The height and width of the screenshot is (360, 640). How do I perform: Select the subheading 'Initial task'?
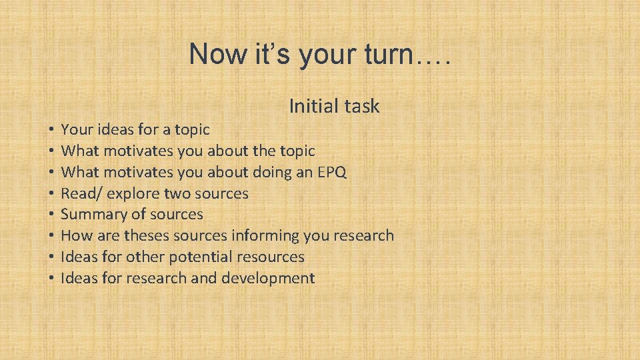click(x=334, y=106)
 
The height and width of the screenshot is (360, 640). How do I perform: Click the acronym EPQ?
click(x=331, y=173)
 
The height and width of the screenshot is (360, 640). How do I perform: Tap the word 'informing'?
click(x=265, y=236)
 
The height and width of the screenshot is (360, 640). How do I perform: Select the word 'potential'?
click(x=195, y=257)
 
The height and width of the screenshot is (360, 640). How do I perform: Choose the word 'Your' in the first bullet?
click(x=75, y=130)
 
